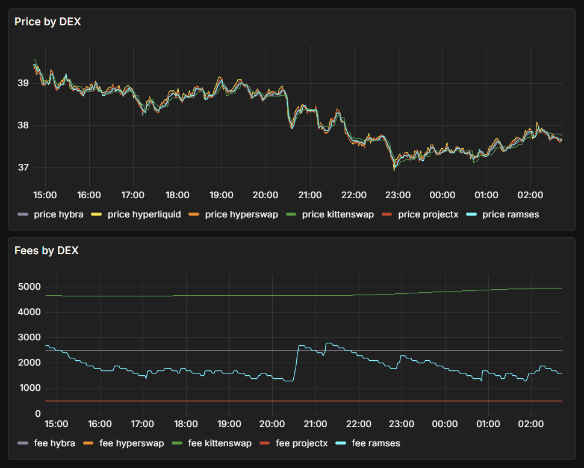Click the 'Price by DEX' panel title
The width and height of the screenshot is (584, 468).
[48, 22]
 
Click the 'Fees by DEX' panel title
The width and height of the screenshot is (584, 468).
[46, 251]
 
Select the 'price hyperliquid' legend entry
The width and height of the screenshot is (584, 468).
[144, 214]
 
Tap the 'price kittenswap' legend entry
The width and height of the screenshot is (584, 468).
[338, 214]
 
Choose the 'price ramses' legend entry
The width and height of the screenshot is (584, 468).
[511, 214]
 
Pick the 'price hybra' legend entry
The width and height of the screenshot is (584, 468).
[58, 214]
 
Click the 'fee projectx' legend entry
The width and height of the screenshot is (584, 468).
[302, 443]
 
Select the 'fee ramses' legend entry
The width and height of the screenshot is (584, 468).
[376, 443]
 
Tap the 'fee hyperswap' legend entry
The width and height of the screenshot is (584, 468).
[131, 443]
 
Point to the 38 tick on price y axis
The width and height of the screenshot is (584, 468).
[23, 125]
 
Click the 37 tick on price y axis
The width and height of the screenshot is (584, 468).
[23, 167]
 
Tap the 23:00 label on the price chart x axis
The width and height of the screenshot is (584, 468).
[398, 195]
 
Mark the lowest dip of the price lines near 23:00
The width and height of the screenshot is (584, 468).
[394, 169]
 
